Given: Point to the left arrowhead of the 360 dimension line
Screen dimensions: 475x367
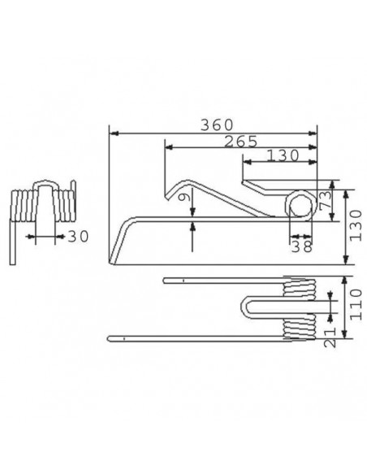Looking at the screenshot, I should (112, 132).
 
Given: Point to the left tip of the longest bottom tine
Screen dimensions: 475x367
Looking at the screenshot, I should (110, 338).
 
